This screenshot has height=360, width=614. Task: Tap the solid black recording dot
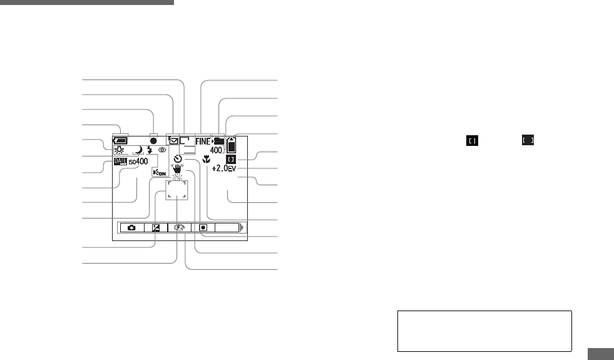tap(153, 141)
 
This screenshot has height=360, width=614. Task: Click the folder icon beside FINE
tap(219, 141)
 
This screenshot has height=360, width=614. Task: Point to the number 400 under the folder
tap(217, 151)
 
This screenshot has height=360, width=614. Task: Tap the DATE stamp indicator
tap(120, 162)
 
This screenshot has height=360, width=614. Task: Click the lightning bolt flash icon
tap(150, 150)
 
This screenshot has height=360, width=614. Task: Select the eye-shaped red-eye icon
tap(162, 150)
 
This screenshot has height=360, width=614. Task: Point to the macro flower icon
tap(207, 158)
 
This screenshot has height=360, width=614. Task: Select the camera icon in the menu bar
tap(131, 228)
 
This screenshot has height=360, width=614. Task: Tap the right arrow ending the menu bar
tap(242, 228)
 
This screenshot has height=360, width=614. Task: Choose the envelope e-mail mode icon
tap(173, 141)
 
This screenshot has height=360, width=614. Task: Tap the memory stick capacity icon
tap(233, 145)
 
